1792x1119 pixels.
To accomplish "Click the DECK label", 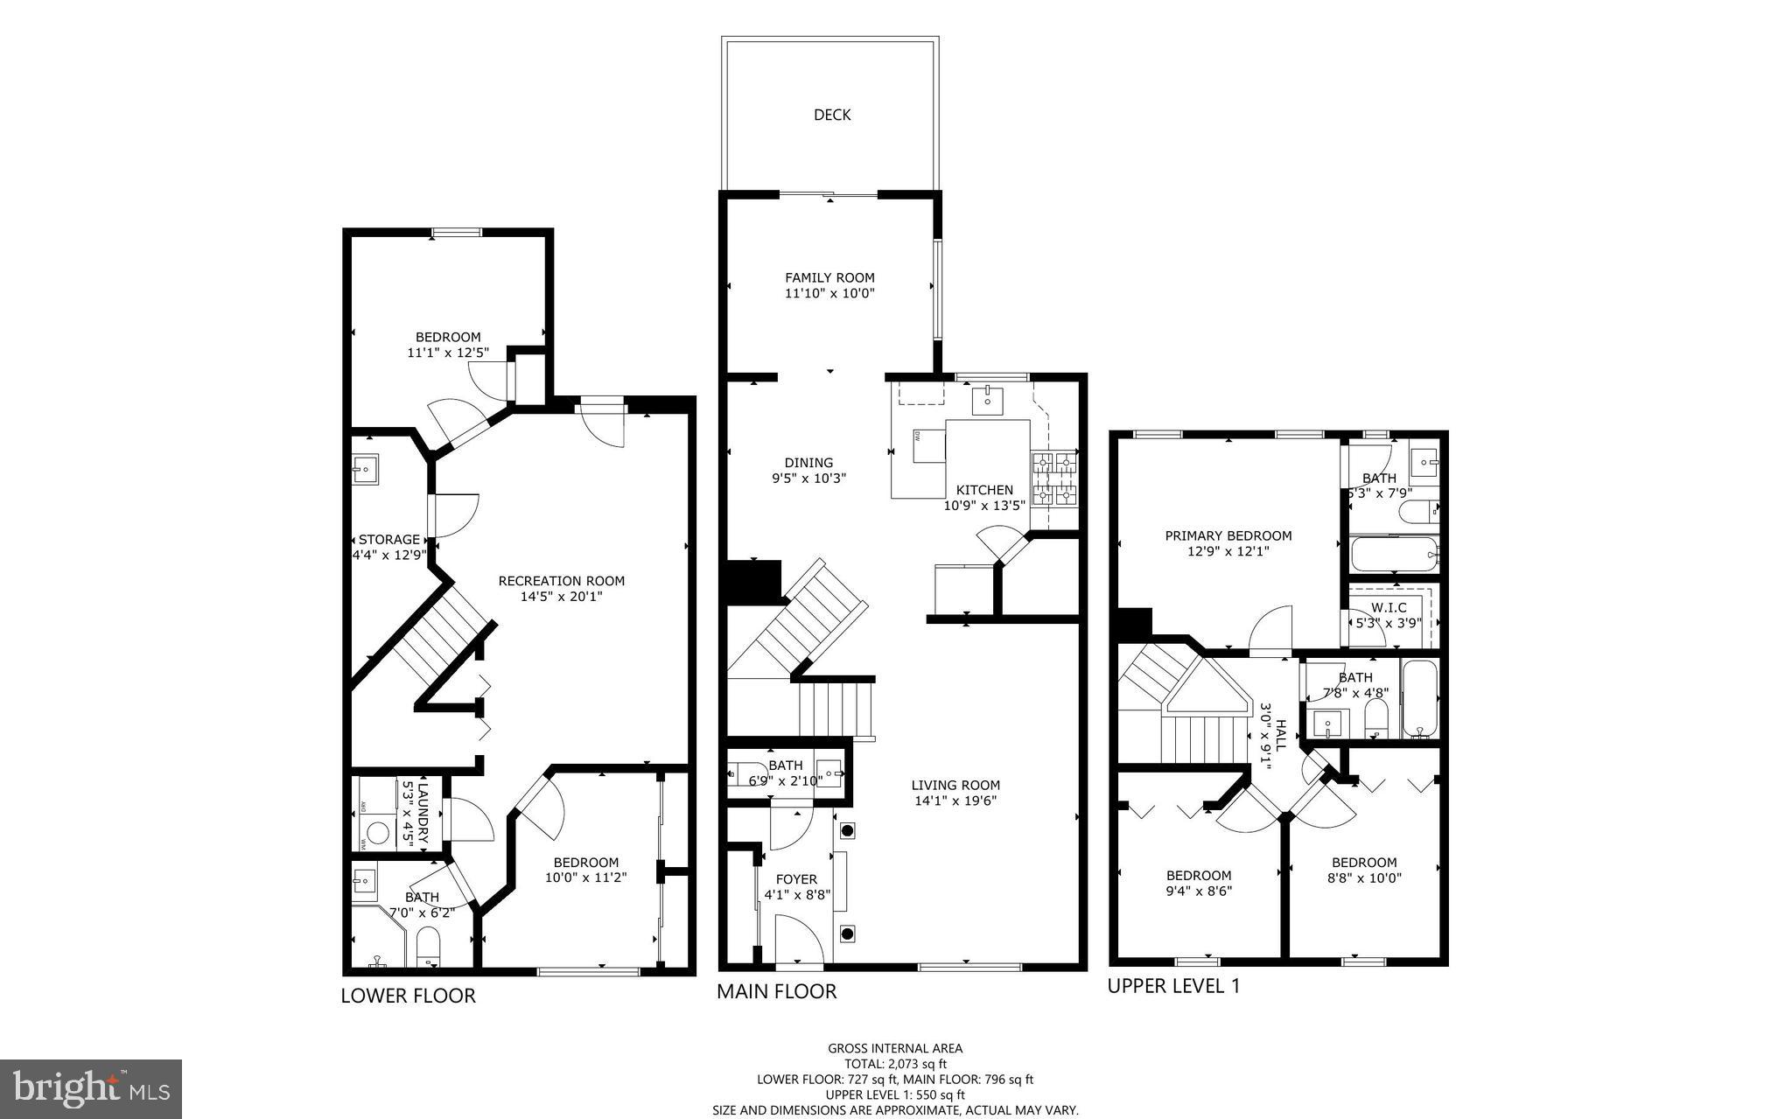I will [831, 115].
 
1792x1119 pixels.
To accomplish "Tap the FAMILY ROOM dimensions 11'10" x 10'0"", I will [829, 294].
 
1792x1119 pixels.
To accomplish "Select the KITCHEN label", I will [984, 490].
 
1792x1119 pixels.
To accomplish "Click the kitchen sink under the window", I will [988, 400].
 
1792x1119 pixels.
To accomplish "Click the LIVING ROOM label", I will [955, 785].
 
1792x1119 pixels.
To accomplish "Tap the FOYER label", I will [796, 879].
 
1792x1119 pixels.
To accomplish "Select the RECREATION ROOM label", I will [562, 581].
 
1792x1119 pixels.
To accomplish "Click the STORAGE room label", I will [388, 540].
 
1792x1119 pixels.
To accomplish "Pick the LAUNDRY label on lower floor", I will [423, 813].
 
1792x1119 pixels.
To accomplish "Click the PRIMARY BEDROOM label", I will [1228, 535].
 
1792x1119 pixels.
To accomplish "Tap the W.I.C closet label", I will [1389, 607].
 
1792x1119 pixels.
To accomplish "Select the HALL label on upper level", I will [1281, 735].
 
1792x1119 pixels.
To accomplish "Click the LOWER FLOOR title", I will [408, 995].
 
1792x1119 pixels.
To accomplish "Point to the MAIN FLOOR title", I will [776, 991].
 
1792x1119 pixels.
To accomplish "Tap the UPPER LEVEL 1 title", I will [1173, 986].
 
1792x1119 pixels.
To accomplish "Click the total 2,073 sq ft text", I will [895, 1064].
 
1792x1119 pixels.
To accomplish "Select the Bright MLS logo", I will [91, 1088].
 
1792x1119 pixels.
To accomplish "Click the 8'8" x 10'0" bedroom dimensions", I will [1364, 878].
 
